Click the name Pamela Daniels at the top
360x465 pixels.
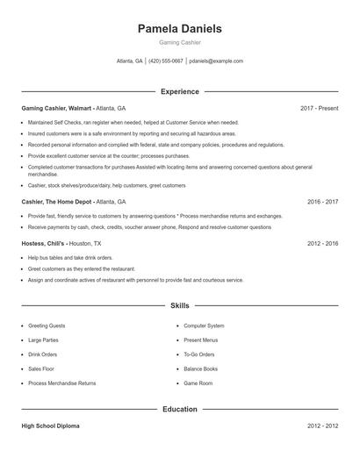pos(179,29)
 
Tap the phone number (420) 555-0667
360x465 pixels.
pos(166,61)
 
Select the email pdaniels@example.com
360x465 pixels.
pos(216,61)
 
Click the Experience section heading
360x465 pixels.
pos(179,91)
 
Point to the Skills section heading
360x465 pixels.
pos(179,305)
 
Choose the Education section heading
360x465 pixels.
pos(179,409)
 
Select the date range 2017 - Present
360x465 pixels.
pos(319,108)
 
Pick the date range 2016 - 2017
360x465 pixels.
pos(322,201)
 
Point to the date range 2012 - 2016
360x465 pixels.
pos(322,243)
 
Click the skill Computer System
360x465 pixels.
pos(204,325)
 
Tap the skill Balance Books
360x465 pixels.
pos(201,369)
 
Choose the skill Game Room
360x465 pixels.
pos(198,383)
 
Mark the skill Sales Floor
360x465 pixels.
pos(42,369)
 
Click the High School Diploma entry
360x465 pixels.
pos(50,426)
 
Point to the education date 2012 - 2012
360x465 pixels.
pos(322,426)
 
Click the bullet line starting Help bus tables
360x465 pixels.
pos(70,258)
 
